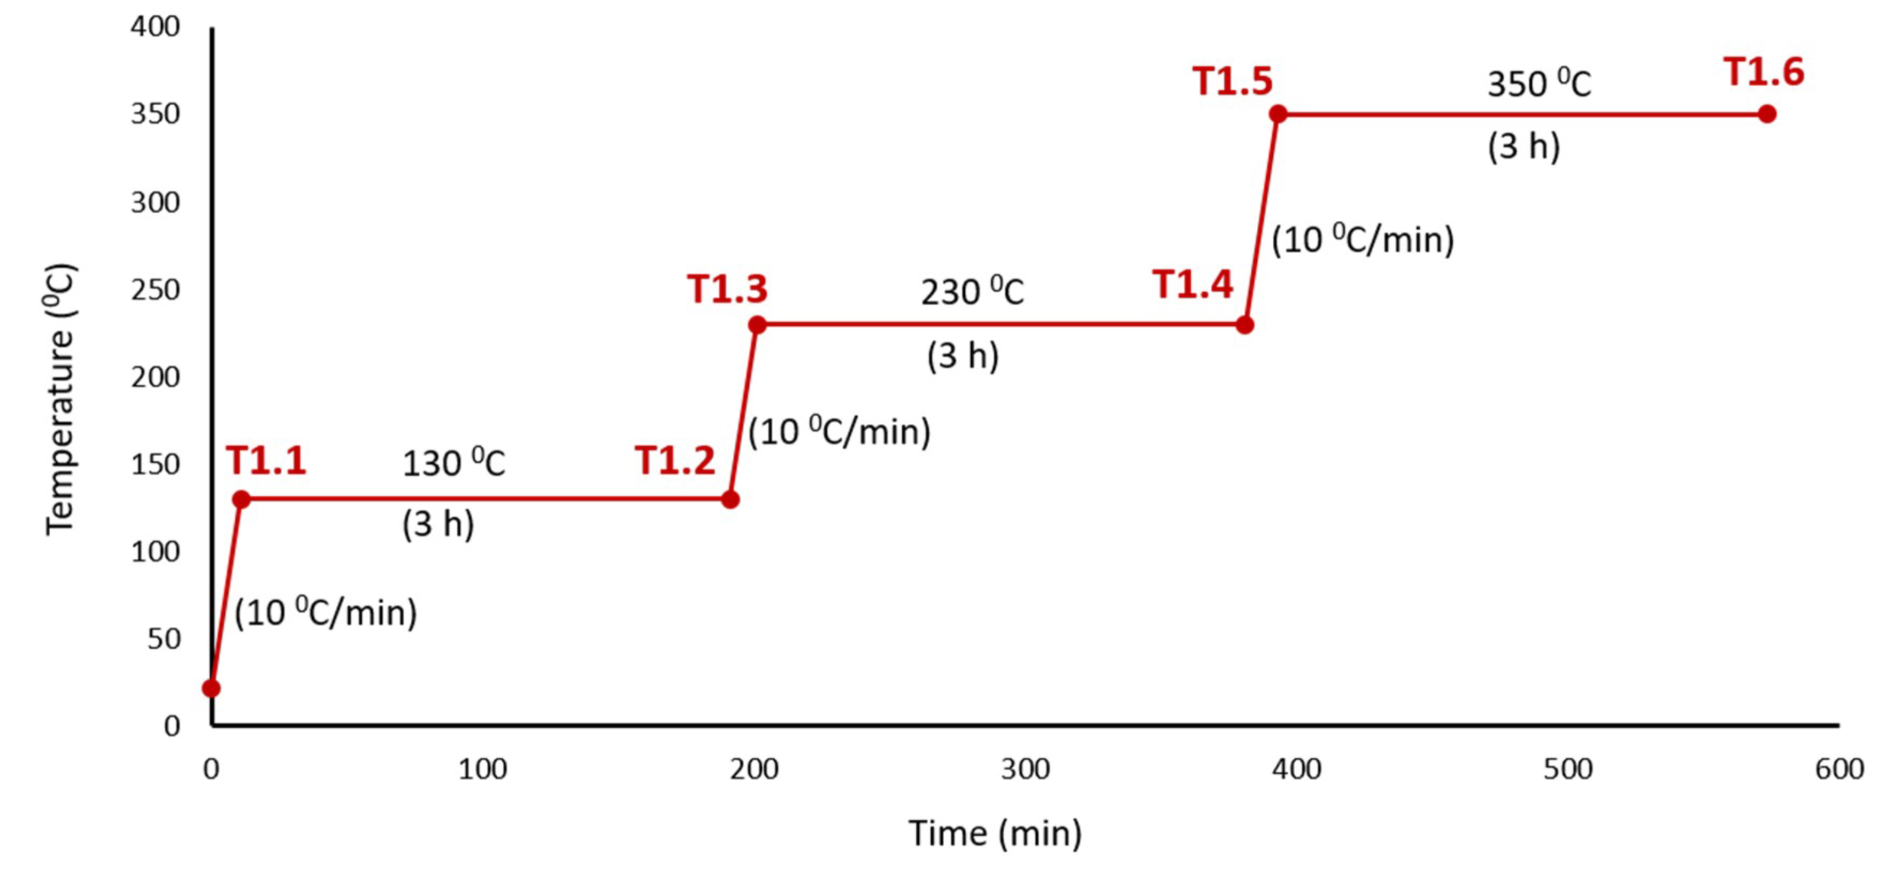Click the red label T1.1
(x=266, y=462)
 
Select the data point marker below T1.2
(x=729, y=500)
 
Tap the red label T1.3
(x=727, y=289)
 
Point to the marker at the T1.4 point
(x=1244, y=325)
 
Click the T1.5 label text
(x=1232, y=81)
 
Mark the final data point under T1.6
(x=1766, y=114)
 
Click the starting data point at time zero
(x=211, y=688)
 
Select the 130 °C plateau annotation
(x=453, y=464)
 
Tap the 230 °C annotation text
(x=972, y=292)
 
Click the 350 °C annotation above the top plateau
(x=1539, y=83)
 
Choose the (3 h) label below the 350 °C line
(x=1524, y=146)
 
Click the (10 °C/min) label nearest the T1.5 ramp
(x=1363, y=240)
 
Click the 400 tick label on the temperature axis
(x=155, y=27)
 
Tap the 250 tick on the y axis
(x=155, y=290)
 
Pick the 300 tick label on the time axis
(x=1025, y=769)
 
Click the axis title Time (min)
(x=995, y=834)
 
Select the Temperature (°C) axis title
(x=60, y=399)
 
